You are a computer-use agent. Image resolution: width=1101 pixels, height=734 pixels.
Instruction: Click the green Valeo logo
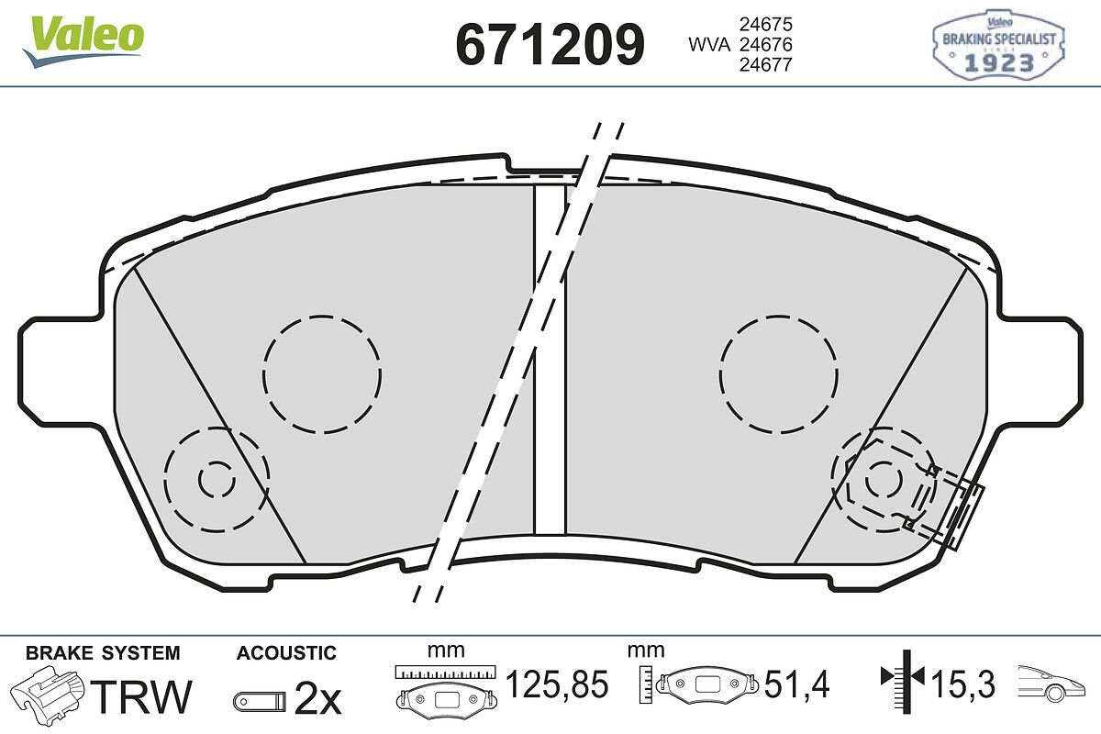[83, 41]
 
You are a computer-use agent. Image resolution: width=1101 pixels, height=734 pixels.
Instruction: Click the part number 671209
[550, 44]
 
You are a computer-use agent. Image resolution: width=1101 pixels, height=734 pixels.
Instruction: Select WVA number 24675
[766, 24]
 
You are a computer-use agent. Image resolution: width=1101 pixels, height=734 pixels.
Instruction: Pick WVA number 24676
[766, 45]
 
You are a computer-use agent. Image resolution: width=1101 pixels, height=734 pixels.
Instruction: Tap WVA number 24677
[766, 65]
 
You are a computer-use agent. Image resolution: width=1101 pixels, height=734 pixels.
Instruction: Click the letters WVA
[709, 45]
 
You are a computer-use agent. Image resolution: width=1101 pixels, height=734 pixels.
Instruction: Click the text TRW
[141, 696]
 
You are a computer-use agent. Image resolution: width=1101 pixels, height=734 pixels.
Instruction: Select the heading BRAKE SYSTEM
[103, 653]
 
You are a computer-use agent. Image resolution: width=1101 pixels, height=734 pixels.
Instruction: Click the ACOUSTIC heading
[286, 653]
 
